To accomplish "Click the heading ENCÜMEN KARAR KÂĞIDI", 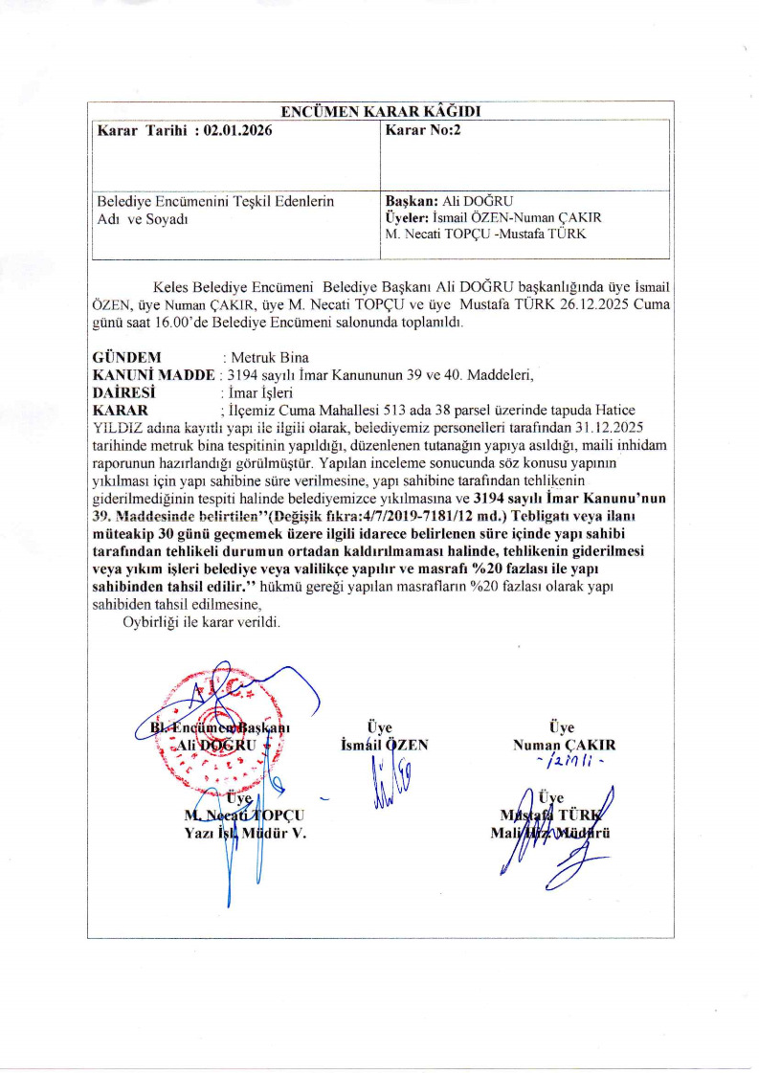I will pos(378,110).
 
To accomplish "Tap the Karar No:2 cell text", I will pos(422,130).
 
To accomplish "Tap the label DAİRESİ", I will pos(123,391).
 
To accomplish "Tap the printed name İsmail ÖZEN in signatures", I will pos(384,744).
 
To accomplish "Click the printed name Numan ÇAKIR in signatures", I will pos(565,744).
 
